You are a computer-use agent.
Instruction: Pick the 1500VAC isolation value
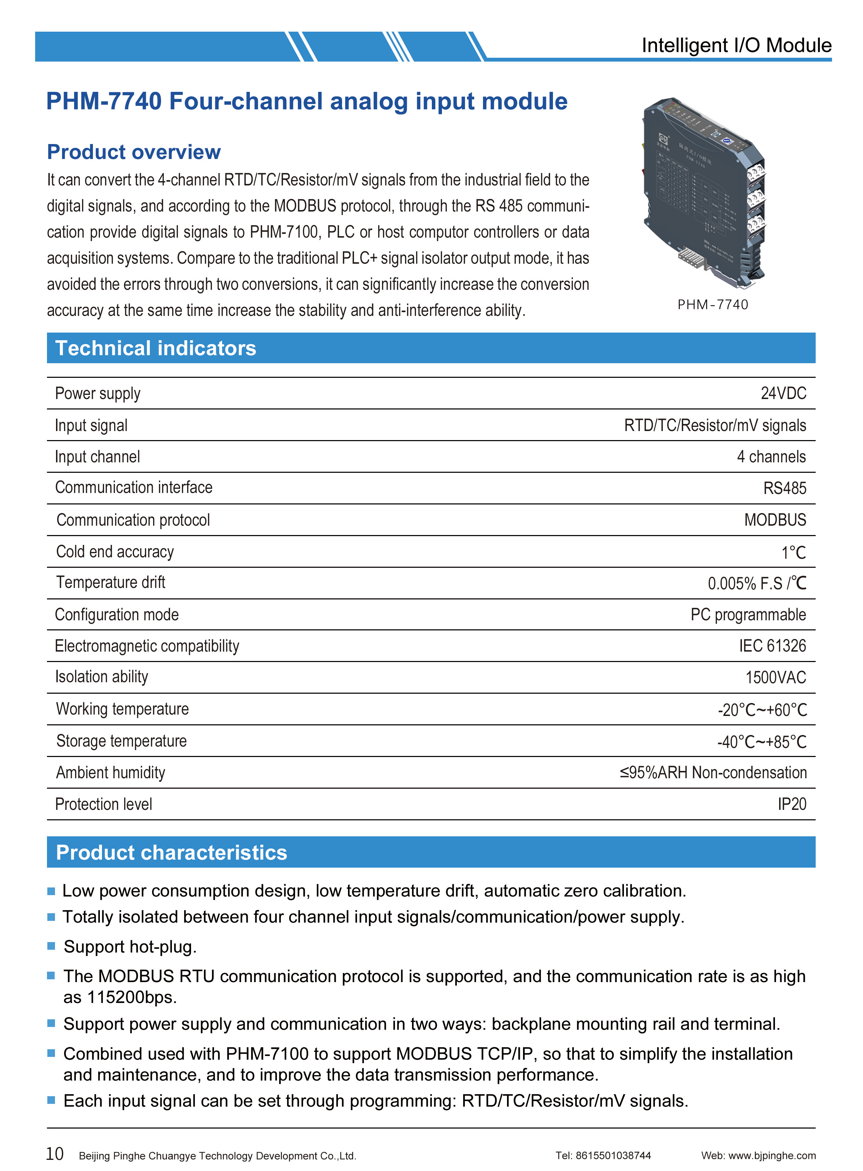pos(775,677)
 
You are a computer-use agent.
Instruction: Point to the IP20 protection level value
pos(791,804)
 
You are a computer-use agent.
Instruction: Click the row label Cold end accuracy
pos(114,551)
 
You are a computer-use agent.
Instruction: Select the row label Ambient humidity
pos(110,772)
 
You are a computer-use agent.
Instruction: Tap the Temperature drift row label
pos(110,582)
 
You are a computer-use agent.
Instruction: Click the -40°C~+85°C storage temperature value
pos(762,742)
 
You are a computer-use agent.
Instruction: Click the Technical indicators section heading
pos(156,348)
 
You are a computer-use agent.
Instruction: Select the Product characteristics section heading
pos(171,852)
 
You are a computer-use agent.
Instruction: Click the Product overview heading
pos(134,152)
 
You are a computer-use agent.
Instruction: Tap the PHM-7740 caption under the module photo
pos(713,304)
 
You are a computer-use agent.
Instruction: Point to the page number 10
pos(55,1153)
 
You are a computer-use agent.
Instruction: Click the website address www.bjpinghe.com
pos(771,1155)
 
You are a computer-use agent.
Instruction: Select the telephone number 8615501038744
pos(613,1155)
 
